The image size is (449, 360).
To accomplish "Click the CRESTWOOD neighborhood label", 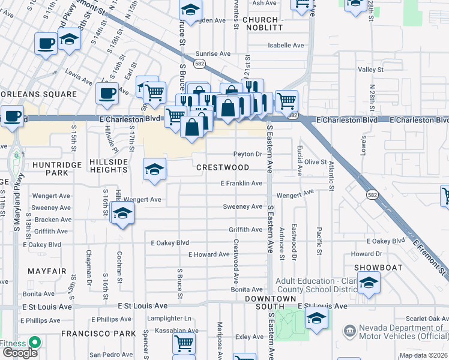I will pos(223,167).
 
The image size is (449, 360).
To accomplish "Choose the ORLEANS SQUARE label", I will pos(40,94).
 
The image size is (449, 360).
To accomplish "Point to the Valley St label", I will pos(370,70).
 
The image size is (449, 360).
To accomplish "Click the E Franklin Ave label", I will pos(241,183).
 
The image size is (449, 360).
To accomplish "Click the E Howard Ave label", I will pos(209,254).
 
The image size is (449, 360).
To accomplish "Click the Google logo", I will pos(20,353).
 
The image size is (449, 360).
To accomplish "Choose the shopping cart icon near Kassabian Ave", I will pos(184,343).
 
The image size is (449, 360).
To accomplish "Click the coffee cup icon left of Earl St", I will pos(107,93).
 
